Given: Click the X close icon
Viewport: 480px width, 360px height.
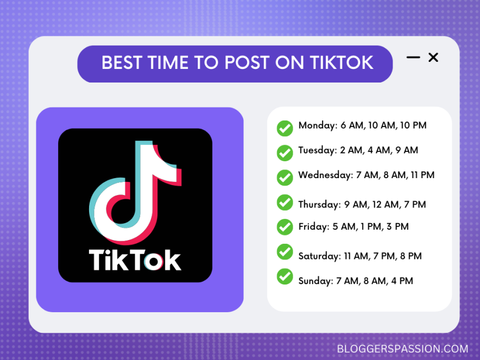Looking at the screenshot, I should [433, 57].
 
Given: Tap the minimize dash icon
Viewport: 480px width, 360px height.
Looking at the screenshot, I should [413, 57].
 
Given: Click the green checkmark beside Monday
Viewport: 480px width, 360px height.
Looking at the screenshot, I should [285, 128].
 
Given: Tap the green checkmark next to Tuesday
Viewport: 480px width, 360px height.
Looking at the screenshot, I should [285, 153].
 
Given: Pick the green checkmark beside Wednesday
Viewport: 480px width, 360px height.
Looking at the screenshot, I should [285, 177].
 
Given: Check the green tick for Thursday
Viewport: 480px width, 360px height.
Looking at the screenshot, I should [285, 202].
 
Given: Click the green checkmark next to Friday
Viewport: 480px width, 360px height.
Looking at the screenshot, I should [285, 226].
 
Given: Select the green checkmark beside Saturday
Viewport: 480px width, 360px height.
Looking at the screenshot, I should [285, 251].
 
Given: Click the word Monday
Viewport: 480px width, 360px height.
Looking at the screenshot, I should [317, 125].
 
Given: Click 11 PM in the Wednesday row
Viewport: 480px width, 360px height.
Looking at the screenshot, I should [421, 175].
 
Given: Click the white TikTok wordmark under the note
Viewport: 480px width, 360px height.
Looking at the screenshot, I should [135, 260].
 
